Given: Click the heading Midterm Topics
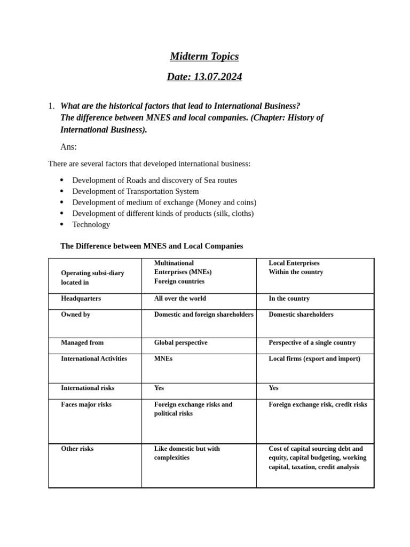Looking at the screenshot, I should click(204, 56).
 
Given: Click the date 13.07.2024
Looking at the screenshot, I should click(218, 76).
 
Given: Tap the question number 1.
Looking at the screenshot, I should click(51, 106).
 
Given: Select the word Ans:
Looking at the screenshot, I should click(68, 147).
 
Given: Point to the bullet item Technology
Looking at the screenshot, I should click(91, 224).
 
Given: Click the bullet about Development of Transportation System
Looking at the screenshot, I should click(135, 191).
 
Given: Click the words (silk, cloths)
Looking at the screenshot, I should click(234, 213).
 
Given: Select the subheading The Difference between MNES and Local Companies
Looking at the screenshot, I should click(152, 246).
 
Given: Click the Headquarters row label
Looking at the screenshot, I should click(81, 299).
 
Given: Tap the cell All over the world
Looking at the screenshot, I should click(180, 299).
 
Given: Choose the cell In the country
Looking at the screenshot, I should click(289, 299).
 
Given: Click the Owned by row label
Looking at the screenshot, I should click(75, 315).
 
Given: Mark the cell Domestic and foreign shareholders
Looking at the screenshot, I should click(203, 315).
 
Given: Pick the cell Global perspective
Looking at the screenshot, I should click(180, 342).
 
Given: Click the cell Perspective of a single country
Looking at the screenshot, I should click(312, 342).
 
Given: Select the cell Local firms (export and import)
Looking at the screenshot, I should click(314, 358).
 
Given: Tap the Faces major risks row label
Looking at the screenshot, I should click(86, 404).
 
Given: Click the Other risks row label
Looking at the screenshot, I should click(77, 449).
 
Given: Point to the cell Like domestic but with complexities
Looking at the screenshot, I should click(187, 453).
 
